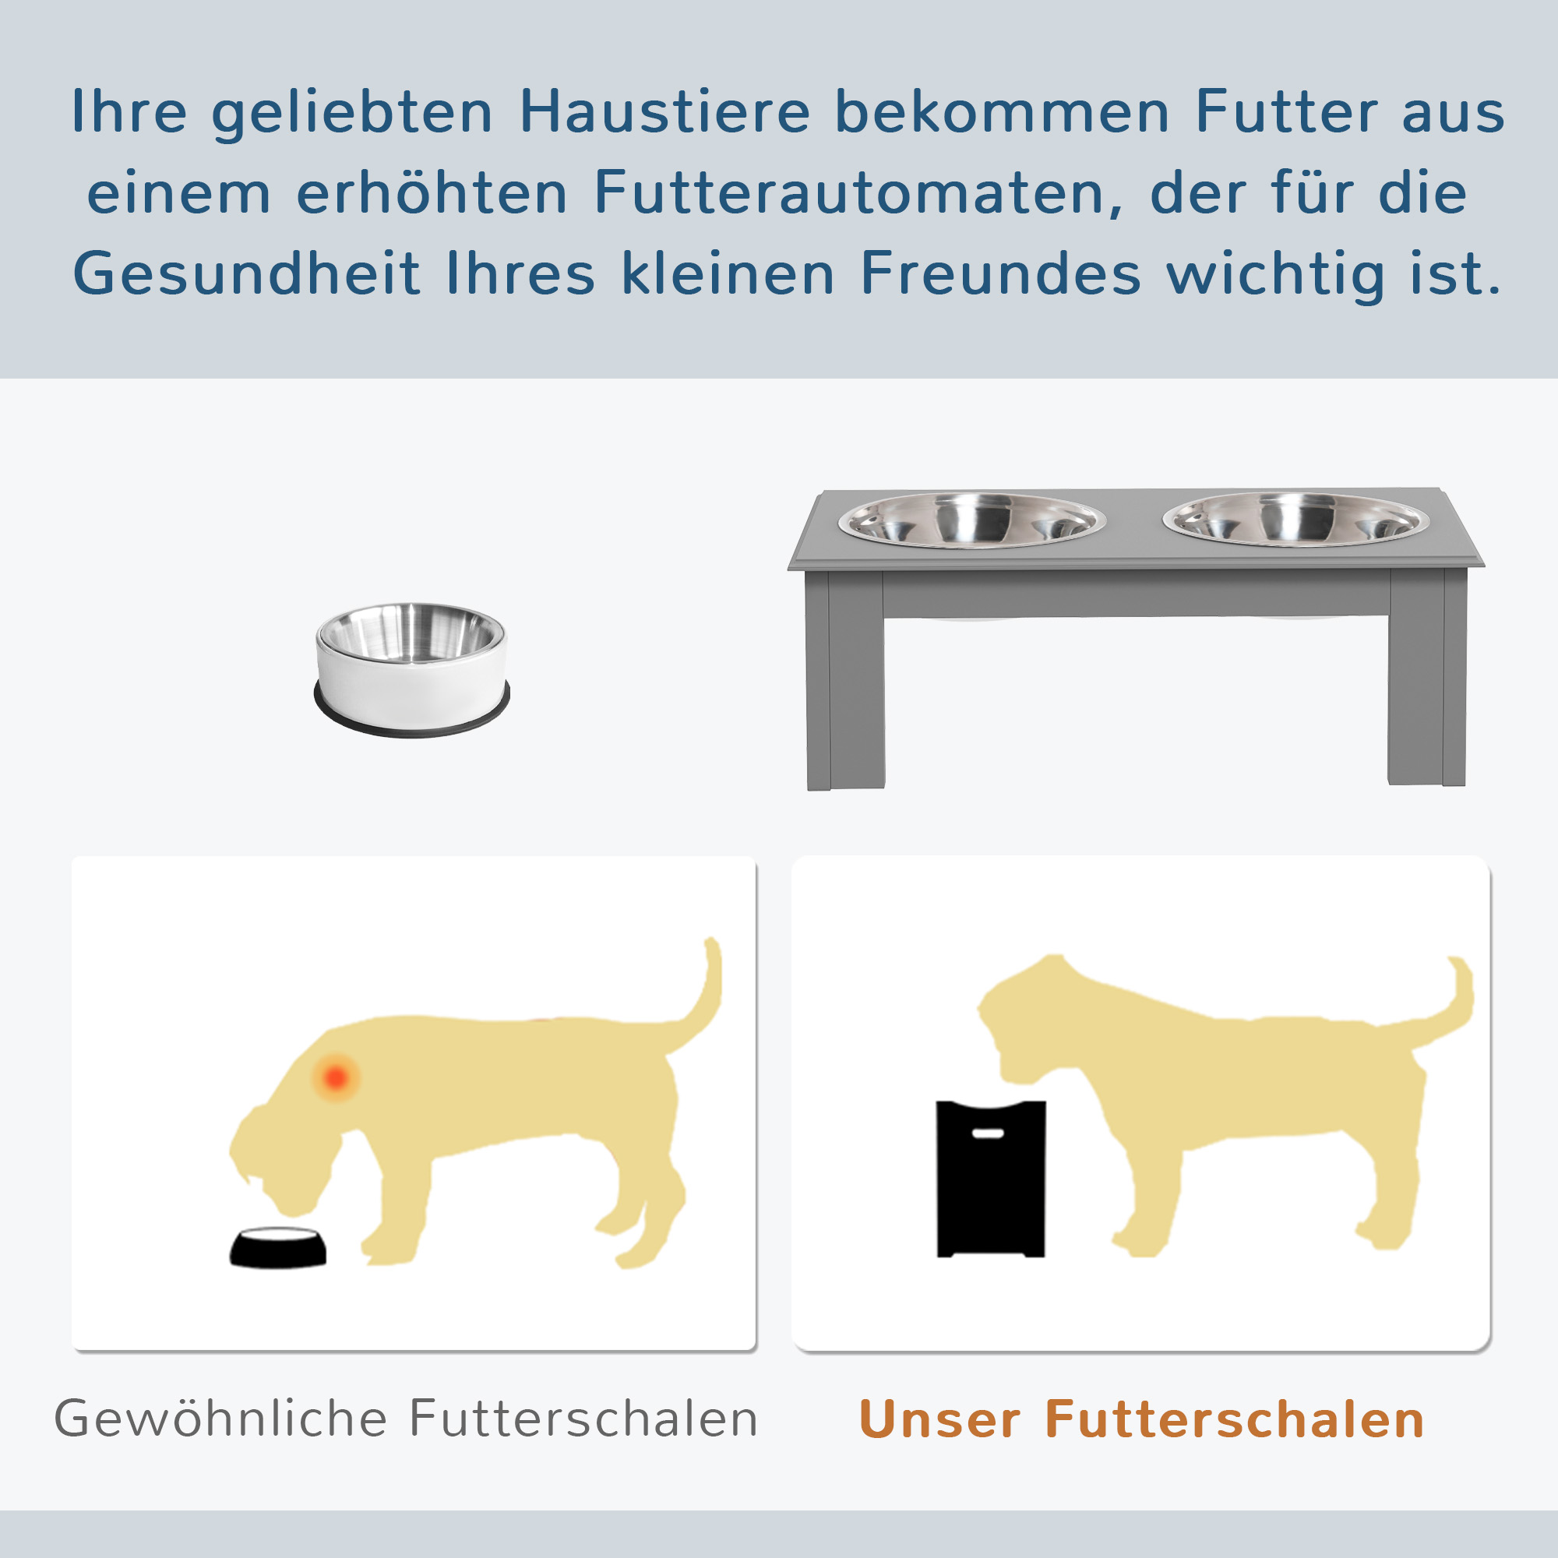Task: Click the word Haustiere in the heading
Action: (664, 111)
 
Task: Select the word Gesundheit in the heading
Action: (247, 273)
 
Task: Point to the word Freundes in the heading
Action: (1000, 273)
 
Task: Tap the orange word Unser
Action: (940, 1419)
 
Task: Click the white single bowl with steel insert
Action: (411, 668)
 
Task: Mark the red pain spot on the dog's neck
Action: (336, 1077)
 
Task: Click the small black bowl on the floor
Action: (278, 1247)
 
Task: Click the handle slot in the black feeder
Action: (988, 1133)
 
